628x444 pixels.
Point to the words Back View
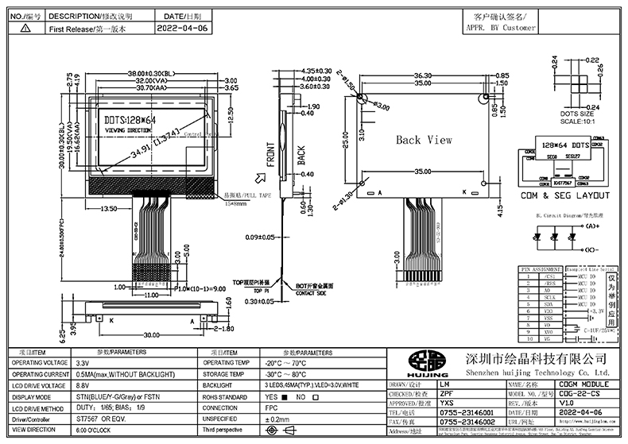click(424, 140)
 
